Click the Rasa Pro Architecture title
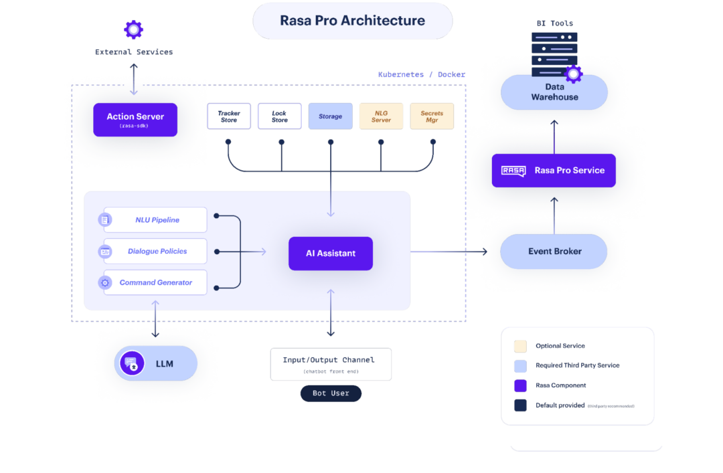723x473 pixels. (x=352, y=21)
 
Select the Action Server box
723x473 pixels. (x=135, y=119)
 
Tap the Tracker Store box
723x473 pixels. (x=229, y=116)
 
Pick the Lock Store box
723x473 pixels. (x=279, y=116)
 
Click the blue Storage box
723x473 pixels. (x=330, y=116)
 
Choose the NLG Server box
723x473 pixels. (x=381, y=116)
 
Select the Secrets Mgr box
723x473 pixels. (x=432, y=116)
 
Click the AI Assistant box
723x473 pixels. (x=331, y=254)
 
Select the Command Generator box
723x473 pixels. (x=155, y=282)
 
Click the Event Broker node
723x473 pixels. (x=554, y=252)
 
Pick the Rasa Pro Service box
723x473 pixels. (x=554, y=171)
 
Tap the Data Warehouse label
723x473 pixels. (x=554, y=92)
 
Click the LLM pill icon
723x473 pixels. (x=133, y=363)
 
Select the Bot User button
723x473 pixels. (x=331, y=393)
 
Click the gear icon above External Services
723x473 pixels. (x=134, y=29)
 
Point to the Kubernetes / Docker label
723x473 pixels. (x=421, y=74)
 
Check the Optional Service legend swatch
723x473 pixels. (x=520, y=346)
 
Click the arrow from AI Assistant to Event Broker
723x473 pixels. (x=449, y=252)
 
